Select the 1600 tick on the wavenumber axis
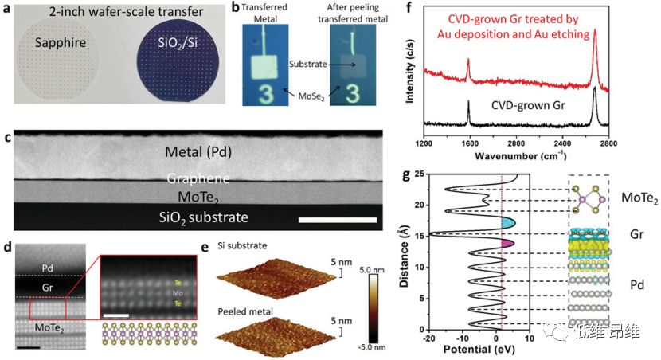470,143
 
